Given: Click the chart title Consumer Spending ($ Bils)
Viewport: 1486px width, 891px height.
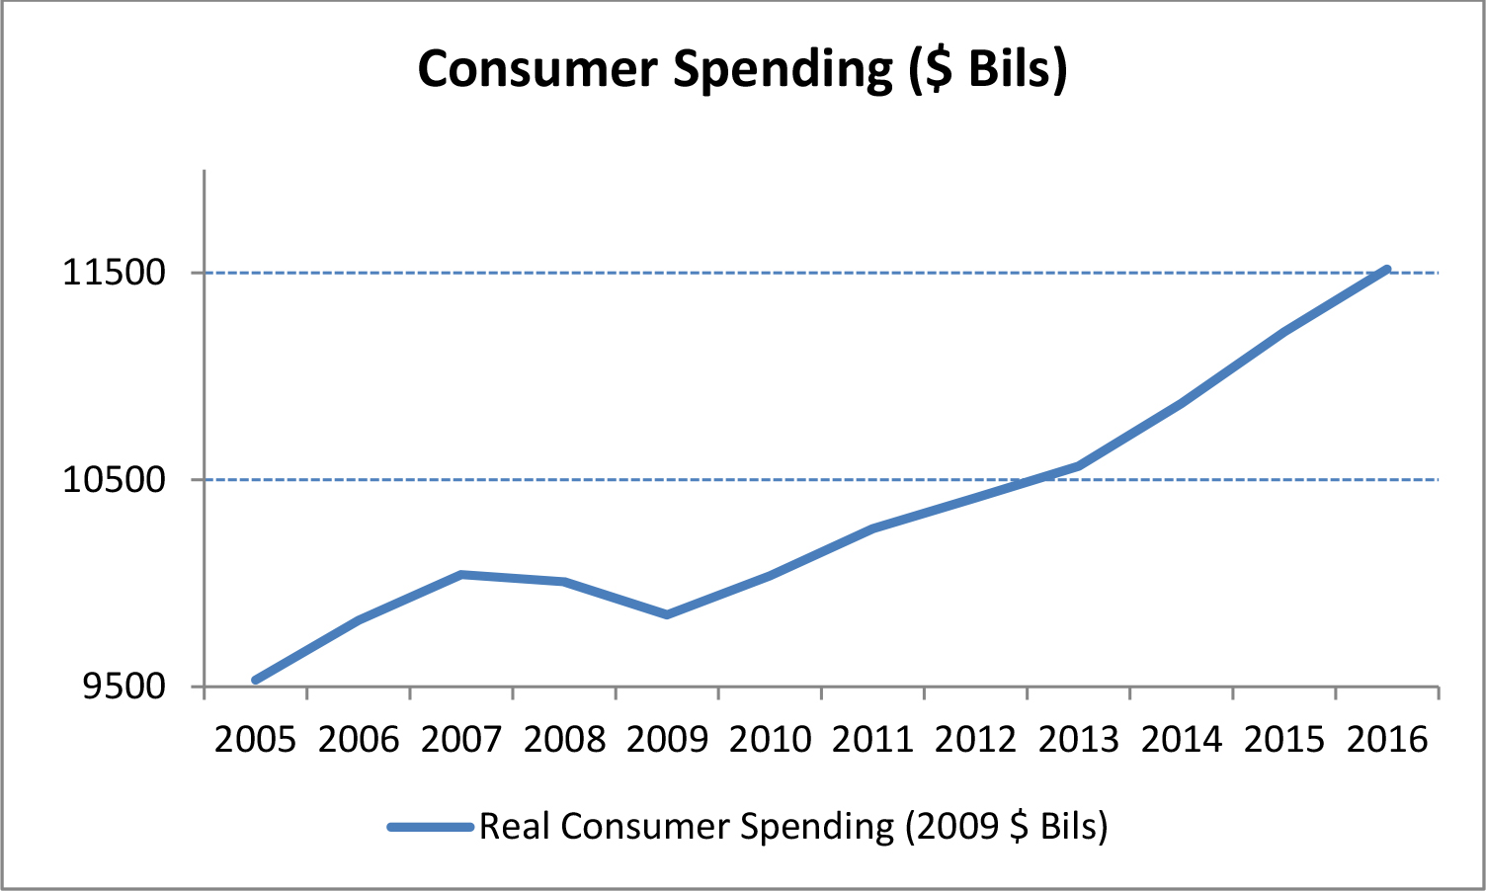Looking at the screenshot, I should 742,69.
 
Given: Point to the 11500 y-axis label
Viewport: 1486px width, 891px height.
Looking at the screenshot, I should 115,273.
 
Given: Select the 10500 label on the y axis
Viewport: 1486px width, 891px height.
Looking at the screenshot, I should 115,480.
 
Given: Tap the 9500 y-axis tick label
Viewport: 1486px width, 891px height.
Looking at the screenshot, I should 124,687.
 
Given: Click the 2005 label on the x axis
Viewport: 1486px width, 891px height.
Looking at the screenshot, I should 255,739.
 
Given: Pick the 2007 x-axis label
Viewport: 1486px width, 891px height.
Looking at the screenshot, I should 461,739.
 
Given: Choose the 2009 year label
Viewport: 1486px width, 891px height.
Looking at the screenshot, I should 667,739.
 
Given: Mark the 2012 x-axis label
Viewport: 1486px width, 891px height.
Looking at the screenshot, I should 976,739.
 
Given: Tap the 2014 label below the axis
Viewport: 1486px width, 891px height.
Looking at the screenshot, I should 1182,739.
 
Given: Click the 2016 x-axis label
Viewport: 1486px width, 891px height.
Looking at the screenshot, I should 1387,739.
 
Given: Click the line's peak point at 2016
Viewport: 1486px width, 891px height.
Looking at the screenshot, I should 1387,269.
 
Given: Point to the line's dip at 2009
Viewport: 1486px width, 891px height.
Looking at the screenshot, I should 667,614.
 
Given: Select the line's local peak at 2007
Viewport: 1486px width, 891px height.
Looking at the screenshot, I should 461,574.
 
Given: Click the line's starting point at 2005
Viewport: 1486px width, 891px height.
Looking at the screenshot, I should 255,681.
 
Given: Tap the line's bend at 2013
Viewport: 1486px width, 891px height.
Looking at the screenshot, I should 1079,465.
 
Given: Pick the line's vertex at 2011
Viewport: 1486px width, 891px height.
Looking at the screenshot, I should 873,528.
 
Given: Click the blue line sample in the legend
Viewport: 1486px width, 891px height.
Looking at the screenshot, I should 431,827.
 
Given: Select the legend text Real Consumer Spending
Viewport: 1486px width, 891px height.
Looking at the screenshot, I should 793,827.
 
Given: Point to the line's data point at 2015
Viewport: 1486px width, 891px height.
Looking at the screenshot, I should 1284,332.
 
